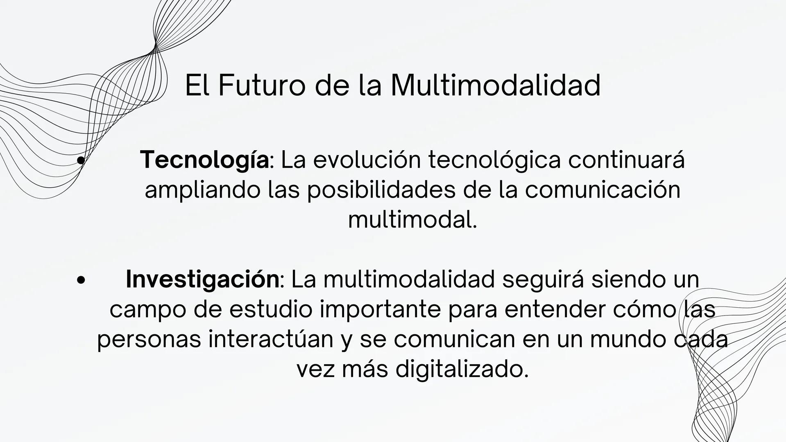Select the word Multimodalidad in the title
click(496, 86)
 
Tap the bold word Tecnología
click(204, 160)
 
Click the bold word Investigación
click(202, 279)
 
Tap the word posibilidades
click(381, 190)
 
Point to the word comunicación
click(603, 190)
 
